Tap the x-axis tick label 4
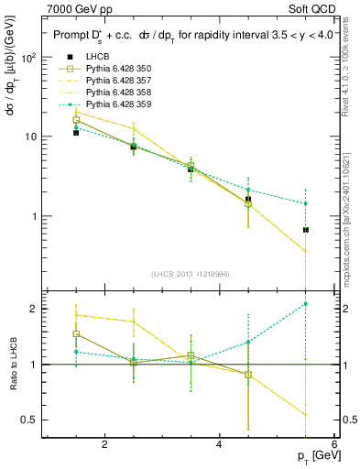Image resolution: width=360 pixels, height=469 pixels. (x=219, y=445)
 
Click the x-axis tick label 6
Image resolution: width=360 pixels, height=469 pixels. (x=333, y=445)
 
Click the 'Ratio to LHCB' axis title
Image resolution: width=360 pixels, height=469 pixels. (x=12, y=365)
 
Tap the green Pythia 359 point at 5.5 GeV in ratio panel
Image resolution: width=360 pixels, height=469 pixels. (x=305, y=303)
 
